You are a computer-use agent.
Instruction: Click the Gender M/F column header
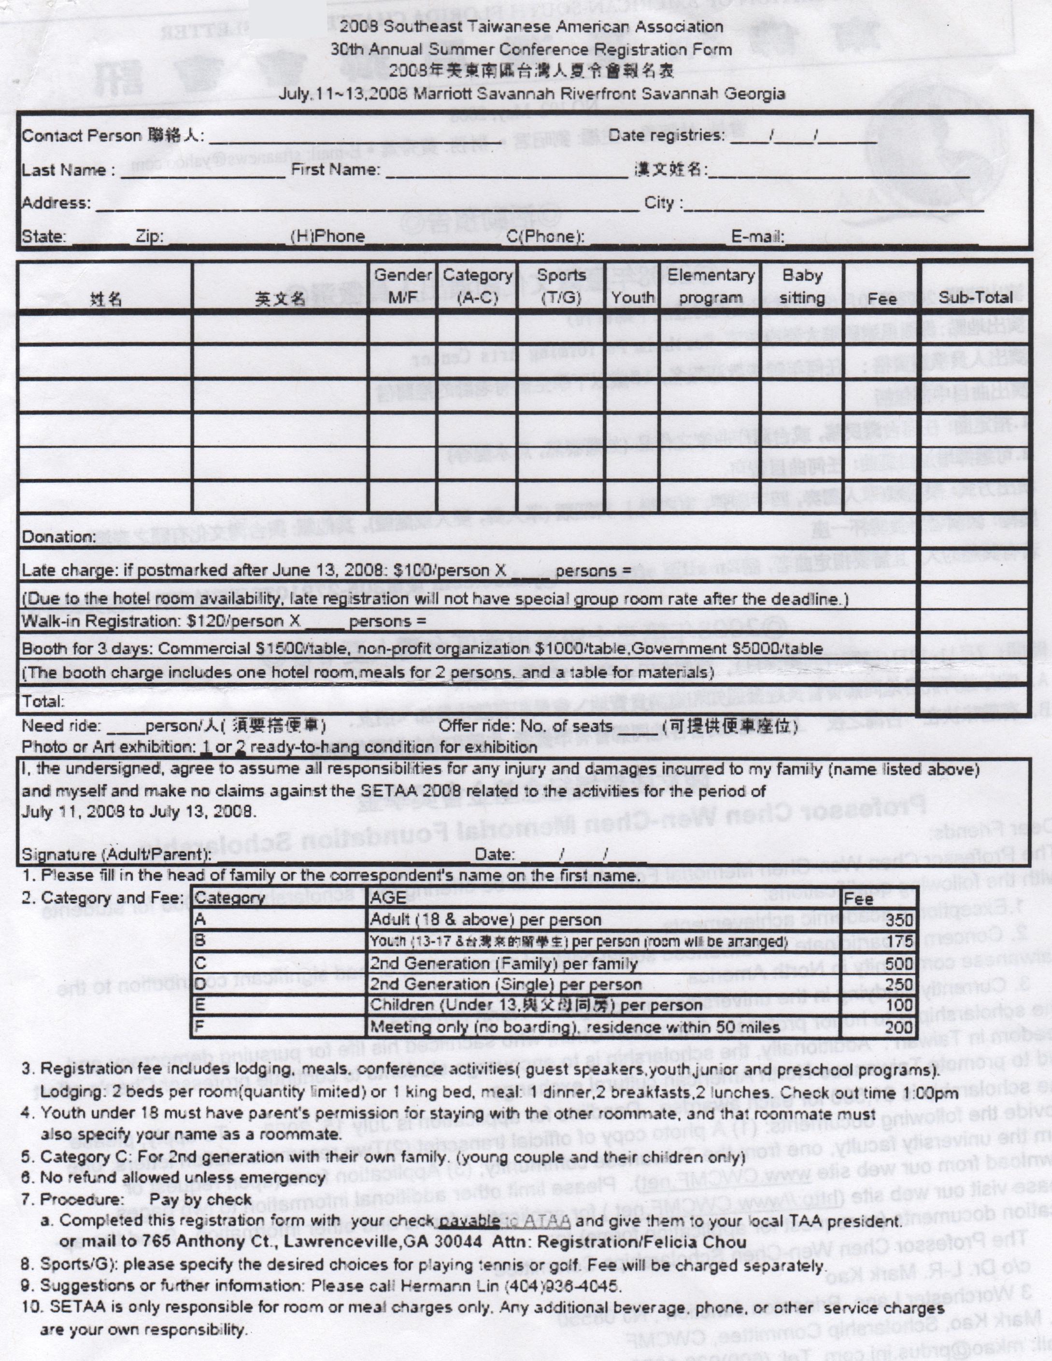(402, 286)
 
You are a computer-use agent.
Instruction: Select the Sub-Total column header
(975, 297)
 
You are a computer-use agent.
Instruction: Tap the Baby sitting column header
(802, 286)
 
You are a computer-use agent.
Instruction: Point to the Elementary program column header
(711, 286)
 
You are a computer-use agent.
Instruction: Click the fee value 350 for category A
(898, 920)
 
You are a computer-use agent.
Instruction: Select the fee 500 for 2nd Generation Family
(898, 964)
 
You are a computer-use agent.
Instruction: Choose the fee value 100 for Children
(898, 1005)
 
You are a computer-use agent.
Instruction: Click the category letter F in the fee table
(199, 1026)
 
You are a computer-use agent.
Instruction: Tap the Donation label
(59, 537)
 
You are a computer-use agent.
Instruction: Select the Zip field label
(150, 237)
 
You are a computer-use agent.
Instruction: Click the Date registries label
(666, 135)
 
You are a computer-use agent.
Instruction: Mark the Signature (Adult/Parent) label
(116, 855)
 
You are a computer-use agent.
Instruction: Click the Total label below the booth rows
(43, 702)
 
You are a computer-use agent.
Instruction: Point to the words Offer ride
(471, 726)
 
